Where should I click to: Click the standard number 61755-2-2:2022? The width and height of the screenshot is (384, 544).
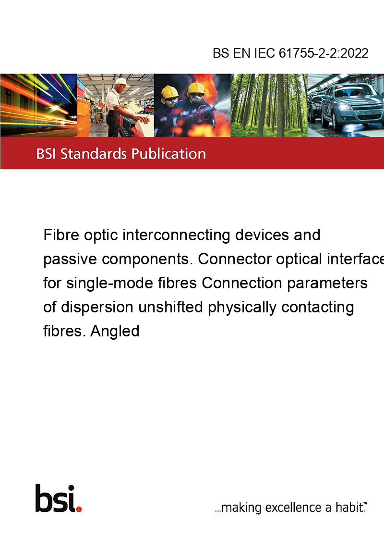(x=324, y=53)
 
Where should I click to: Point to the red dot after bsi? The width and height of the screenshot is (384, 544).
(x=79, y=509)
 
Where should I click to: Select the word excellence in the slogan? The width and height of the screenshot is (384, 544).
(x=294, y=507)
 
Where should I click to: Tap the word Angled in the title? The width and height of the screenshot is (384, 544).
(x=115, y=332)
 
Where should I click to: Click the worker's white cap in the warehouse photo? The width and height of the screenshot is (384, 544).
(x=121, y=82)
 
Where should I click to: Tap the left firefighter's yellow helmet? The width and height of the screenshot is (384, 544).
(x=169, y=92)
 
